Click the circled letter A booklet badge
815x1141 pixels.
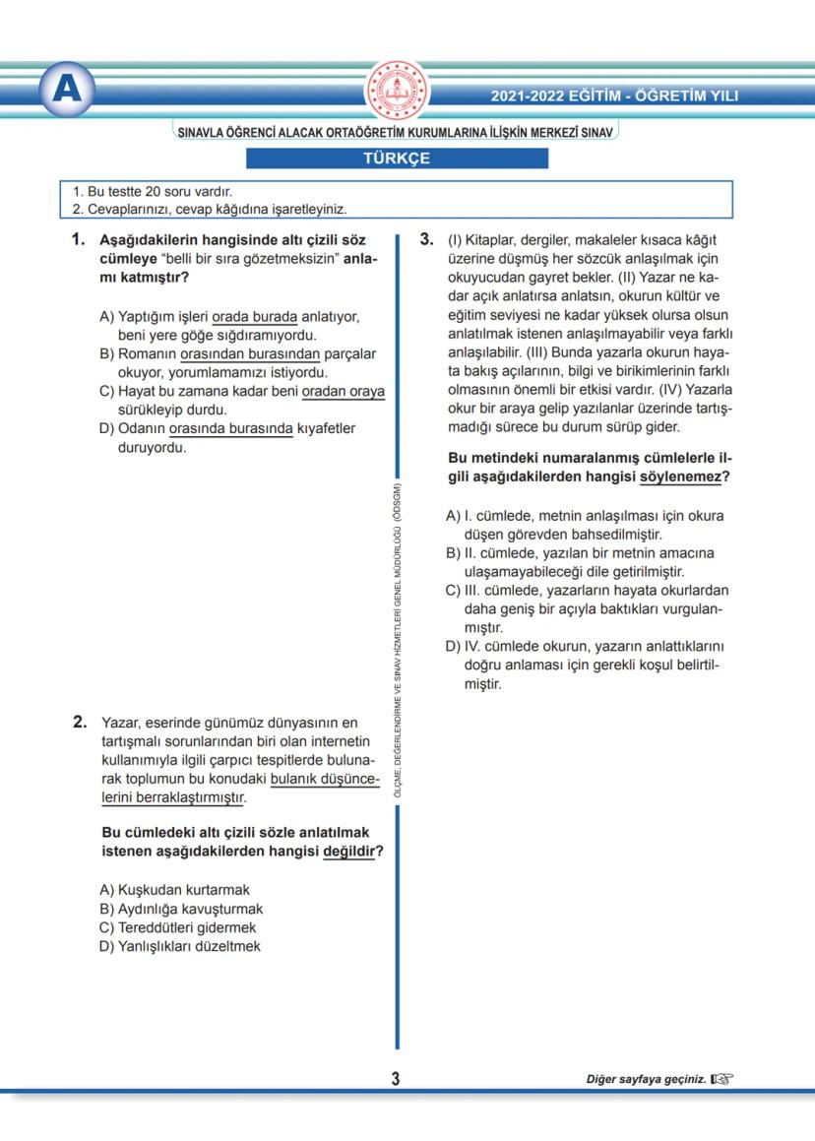pyautogui.click(x=67, y=91)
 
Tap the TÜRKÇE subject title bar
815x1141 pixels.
pyautogui.click(x=397, y=158)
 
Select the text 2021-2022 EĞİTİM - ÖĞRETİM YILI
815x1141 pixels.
pyautogui.click(x=614, y=95)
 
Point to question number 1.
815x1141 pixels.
pyautogui.click(x=80, y=239)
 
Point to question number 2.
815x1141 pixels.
pyautogui.click(x=81, y=722)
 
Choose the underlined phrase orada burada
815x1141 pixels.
pyautogui.click(x=254, y=317)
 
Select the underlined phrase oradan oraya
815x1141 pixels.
pyautogui.click(x=343, y=391)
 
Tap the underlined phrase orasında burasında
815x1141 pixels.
pyautogui.click(x=230, y=428)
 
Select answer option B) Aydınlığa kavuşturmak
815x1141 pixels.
pyautogui.click(x=181, y=909)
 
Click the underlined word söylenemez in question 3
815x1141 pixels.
pyautogui.click(x=683, y=476)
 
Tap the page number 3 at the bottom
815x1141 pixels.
pyautogui.click(x=396, y=1079)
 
